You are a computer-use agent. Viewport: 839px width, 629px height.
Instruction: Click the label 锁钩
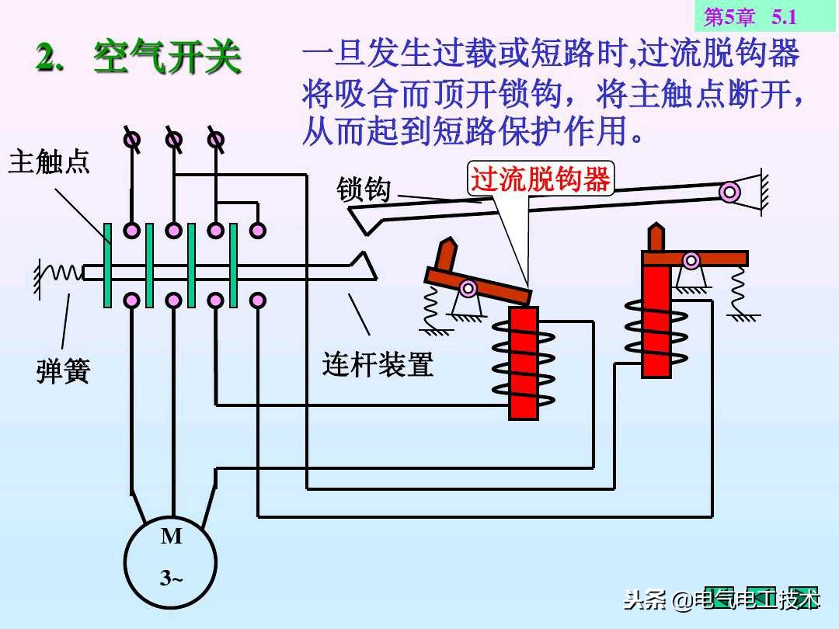click(363, 189)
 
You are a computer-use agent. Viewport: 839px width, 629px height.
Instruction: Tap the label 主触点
click(49, 162)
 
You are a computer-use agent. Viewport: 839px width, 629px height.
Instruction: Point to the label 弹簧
click(63, 371)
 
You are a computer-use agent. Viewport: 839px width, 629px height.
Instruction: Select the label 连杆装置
click(378, 363)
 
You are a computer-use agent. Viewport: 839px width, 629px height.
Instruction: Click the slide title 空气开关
click(167, 59)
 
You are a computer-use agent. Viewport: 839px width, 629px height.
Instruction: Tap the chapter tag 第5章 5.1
click(750, 16)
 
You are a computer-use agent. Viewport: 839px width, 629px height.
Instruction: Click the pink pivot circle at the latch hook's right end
click(729, 192)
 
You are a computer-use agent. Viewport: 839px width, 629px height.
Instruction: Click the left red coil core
click(524, 363)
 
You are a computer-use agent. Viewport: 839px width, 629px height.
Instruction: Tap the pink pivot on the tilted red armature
click(468, 289)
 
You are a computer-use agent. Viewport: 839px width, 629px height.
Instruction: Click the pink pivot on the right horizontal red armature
click(691, 260)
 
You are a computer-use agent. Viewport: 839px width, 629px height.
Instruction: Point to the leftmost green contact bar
click(108, 265)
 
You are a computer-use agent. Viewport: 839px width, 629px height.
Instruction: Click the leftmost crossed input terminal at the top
click(133, 140)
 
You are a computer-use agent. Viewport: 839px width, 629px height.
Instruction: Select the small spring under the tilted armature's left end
click(430, 308)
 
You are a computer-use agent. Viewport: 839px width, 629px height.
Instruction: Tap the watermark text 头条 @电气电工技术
click(721, 599)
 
